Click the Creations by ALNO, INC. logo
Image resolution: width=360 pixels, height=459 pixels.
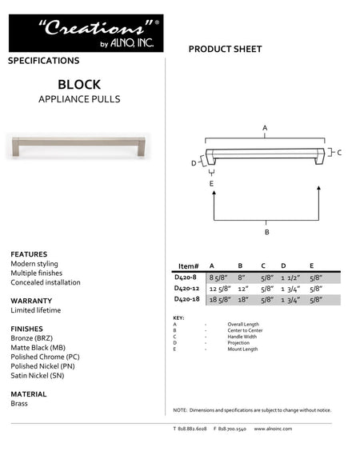[86, 33]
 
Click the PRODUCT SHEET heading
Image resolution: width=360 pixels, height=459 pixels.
[225, 50]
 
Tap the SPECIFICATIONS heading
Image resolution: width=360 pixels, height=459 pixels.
[43, 61]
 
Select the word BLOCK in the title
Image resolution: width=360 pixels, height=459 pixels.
[78, 83]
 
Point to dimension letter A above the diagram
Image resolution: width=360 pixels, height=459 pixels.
[265, 128]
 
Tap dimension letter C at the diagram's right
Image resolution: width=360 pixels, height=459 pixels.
[339, 152]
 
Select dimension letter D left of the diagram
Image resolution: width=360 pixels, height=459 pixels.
[194, 163]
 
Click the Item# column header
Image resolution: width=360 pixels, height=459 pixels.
[188, 265]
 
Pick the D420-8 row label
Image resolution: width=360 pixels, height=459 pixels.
[186, 277]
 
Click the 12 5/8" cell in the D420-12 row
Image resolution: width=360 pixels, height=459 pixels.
[219, 288]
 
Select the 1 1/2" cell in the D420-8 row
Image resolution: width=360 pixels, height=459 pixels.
[290, 277]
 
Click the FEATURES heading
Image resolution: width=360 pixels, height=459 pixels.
[29, 254]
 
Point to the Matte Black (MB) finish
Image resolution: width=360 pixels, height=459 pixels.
[38, 348]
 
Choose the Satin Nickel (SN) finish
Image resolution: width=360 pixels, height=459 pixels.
[38, 374]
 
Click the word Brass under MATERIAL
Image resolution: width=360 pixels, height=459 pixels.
[19, 404]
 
